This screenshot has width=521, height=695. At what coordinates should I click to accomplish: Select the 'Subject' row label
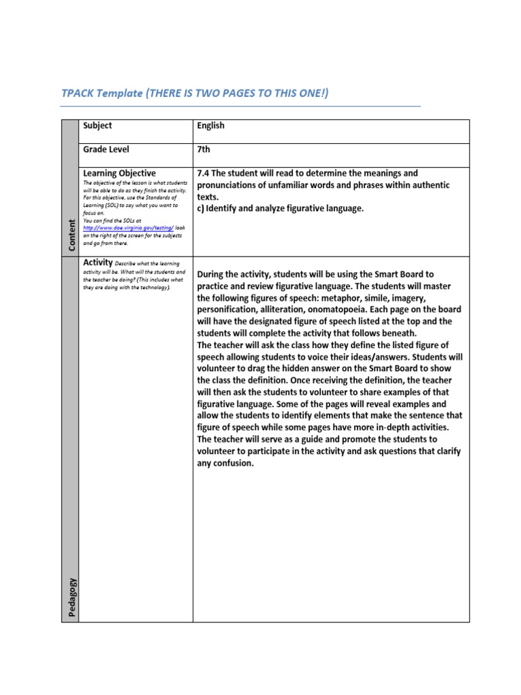tap(97, 126)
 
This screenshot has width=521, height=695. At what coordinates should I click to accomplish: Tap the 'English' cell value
tap(210, 126)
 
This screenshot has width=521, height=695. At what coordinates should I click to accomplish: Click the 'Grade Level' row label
tap(106, 149)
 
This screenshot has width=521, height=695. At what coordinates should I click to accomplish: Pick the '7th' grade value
tap(204, 149)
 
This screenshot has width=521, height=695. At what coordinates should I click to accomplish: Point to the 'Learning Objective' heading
tap(119, 173)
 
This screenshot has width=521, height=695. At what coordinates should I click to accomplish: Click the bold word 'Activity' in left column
tap(97, 262)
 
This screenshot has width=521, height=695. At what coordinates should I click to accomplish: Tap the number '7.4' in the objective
tap(204, 174)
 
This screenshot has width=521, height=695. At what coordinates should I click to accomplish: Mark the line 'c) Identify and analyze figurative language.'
tap(280, 209)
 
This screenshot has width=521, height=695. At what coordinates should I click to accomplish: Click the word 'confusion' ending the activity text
tap(231, 464)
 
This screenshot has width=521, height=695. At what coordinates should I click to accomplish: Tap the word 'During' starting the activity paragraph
tap(212, 274)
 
